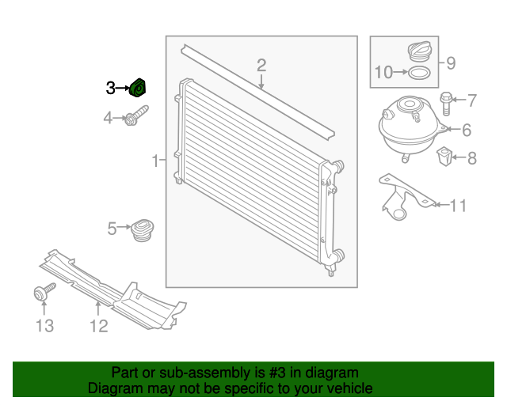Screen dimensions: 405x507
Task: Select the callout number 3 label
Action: coord(111,89)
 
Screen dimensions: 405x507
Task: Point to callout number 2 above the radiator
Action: coord(261,65)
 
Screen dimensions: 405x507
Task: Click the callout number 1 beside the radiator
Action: coord(155,162)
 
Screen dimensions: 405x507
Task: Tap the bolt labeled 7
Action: coord(444,101)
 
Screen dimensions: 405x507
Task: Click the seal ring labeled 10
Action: coord(420,74)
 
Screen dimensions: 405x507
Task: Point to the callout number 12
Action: coord(98,325)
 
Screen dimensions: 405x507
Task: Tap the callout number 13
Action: coord(44,325)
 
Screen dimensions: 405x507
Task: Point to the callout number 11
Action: coord(458,206)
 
